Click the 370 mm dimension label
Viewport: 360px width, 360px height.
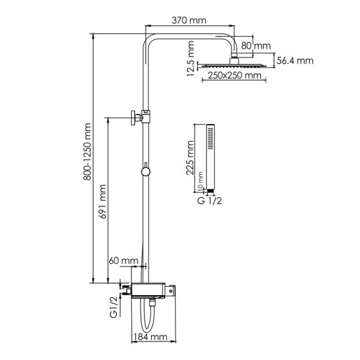click(x=189, y=20)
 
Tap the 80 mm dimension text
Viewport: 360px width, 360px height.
click(x=256, y=46)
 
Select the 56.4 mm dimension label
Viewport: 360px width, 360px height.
click(x=295, y=61)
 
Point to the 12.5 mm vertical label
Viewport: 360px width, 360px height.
click(x=191, y=59)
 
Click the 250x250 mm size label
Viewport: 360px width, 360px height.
click(x=235, y=76)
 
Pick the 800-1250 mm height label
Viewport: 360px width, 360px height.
click(x=87, y=152)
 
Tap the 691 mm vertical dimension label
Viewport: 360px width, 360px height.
click(x=103, y=202)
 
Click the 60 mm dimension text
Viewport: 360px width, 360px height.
click(x=124, y=260)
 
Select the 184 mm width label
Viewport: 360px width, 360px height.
click(x=151, y=337)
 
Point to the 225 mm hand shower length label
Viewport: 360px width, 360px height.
click(x=190, y=158)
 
